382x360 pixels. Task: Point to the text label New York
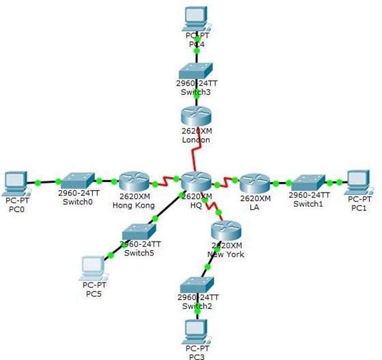(225, 254)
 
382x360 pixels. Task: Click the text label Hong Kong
(135, 204)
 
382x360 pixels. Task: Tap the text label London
(196, 140)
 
